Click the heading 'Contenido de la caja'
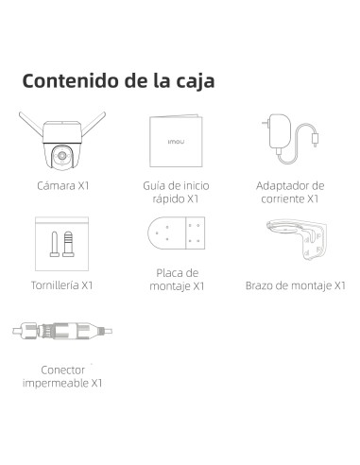pyautogui.click(x=118, y=81)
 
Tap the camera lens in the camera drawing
pyautogui.click(x=62, y=156)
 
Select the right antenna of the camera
pyautogui.click(x=94, y=124)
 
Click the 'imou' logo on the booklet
pyautogui.click(x=176, y=142)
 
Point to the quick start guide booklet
pyautogui.click(x=176, y=141)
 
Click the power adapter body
pyautogui.click(x=280, y=132)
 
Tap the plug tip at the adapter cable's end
pyautogui.click(x=315, y=140)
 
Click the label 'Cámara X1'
pyautogui.click(x=63, y=185)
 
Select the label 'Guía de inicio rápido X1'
pyautogui.click(x=176, y=192)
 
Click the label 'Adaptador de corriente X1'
pyautogui.click(x=290, y=192)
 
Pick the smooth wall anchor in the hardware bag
pyautogui.click(x=55, y=244)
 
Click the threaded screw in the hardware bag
pyautogui.click(x=68, y=244)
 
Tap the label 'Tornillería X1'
pyautogui.click(x=62, y=285)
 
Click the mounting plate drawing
pyautogui.click(x=177, y=232)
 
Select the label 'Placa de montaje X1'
pyautogui.click(x=177, y=280)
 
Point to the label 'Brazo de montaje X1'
pyautogui.click(x=296, y=285)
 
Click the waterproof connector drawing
pyautogui.click(x=62, y=331)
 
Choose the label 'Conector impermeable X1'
pyautogui.click(x=62, y=376)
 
